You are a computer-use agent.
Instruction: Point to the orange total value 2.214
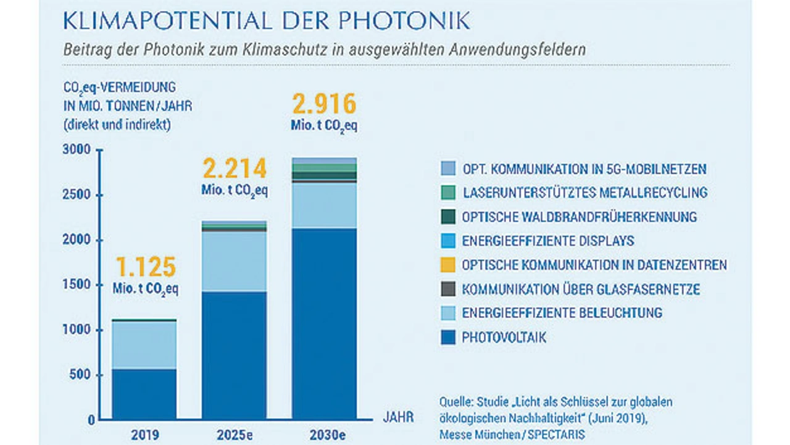pyautogui.click(x=235, y=168)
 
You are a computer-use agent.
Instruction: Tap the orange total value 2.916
pyautogui.click(x=324, y=103)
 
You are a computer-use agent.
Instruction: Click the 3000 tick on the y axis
pyautogui.click(x=76, y=150)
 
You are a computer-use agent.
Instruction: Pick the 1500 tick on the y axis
pyautogui.click(x=76, y=285)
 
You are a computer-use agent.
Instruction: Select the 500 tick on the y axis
pyautogui.click(x=80, y=375)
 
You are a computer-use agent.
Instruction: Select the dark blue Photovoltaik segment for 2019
pyautogui.click(x=144, y=394)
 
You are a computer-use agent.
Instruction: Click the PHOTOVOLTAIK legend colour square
pyautogui.click(x=448, y=338)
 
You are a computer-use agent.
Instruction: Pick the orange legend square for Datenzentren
pyautogui.click(x=448, y=265)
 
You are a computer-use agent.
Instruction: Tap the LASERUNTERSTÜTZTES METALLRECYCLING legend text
pyautogui.click(x=584, y=193)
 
